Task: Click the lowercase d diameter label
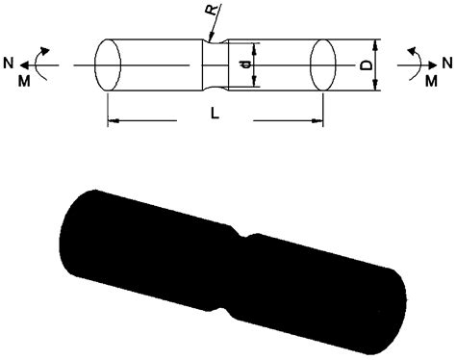[245, 64]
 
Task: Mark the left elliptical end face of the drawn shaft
[108, 65]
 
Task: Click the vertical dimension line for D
[376, 64]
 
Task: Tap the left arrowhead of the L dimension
[112, 121]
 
